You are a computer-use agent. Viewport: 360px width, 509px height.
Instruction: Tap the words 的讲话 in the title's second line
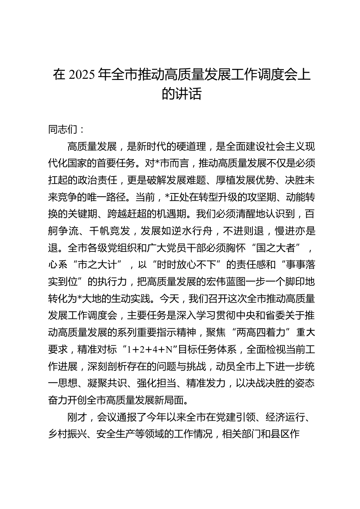[x=181, y=94]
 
